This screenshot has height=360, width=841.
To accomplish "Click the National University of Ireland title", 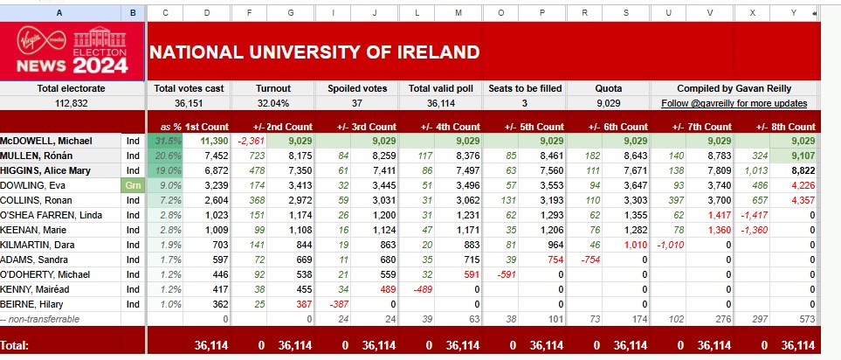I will (x=314, y=51).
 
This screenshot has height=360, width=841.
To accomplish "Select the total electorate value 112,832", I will (x=72, y=103).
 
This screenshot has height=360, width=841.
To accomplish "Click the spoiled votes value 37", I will (x=356, y=103).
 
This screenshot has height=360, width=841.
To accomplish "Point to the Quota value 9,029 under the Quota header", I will (x=608, y=103).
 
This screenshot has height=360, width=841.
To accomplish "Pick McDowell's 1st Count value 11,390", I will (x=214, y=141).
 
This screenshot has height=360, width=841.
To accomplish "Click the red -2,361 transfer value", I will (x=252, y=141).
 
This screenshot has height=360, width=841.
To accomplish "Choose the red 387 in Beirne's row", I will (x=299, y=303).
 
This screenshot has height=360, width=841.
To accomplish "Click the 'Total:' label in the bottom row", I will (x=21, y=346).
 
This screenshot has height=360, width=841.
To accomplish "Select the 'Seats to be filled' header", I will (x=525, y=88).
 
